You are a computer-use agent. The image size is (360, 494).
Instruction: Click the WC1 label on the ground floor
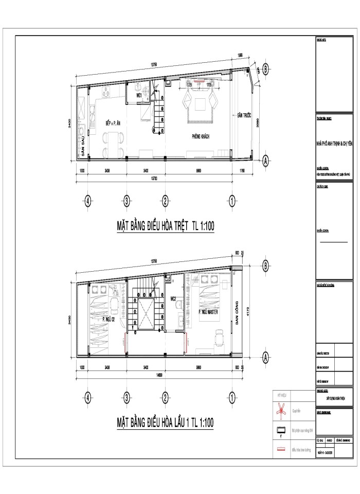(x=139, y=96)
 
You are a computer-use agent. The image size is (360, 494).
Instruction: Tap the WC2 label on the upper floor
(x=173, y=298)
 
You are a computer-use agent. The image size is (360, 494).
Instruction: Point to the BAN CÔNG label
(x=238, y=312)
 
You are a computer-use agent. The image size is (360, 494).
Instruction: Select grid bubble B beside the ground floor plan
(x=265, y=68)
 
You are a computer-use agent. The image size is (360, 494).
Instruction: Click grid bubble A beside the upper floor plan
(x=265, y=356)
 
